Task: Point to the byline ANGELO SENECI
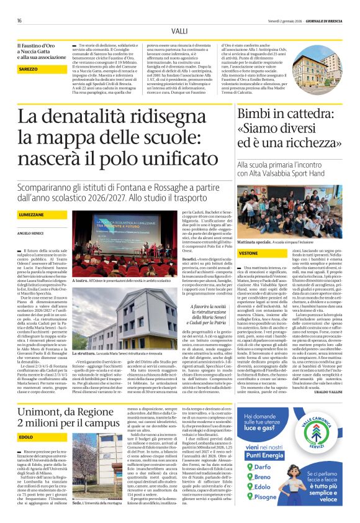click(x=30, y=233)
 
